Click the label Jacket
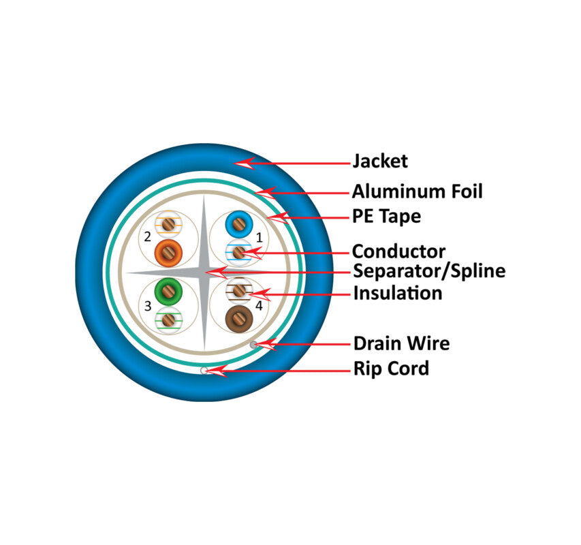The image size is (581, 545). click(x=380, y=161)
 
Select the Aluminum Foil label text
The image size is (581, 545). click(x=418, y=191)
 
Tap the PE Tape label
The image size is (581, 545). click(x=386, y=217)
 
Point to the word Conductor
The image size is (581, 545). click(x=398, y=251)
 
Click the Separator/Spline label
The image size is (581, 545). click(x=429, y=271)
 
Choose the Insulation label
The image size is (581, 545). click(x=398, y=294)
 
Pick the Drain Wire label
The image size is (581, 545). click(x=402, y=343)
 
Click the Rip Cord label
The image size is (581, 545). click(x=391, y=369)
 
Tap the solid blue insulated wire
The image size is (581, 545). click(x=239, y=225)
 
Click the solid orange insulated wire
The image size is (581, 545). click(x=168, y=253)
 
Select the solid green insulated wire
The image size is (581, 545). click(x=168, y=292)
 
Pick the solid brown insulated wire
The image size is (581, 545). click(x=239, y=320)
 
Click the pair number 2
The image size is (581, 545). click(x=148, y=237)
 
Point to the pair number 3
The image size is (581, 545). click(x=148, y=306)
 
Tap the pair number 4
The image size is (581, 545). click(x=259, y=306)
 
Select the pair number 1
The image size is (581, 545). click(x=260, y=238)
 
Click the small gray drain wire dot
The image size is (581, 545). click(x=254, y=345)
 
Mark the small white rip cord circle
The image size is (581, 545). click(x=204, y=370)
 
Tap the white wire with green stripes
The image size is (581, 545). click(x=168, y=320)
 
